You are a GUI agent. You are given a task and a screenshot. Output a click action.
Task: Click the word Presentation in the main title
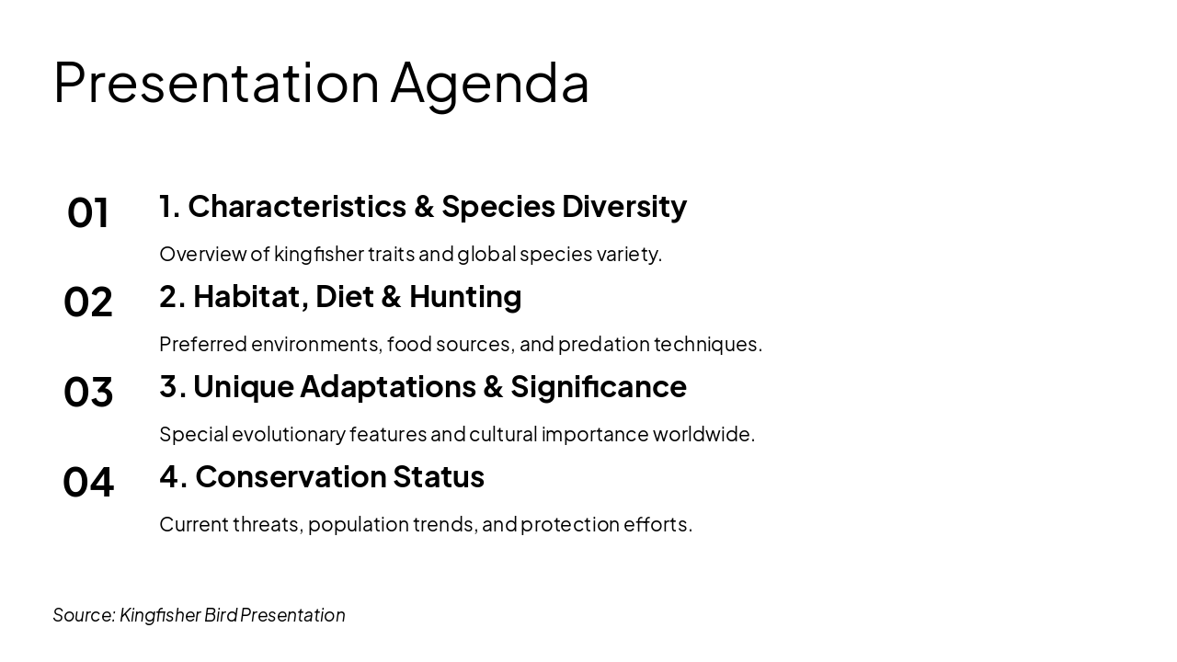[x=216, y=83]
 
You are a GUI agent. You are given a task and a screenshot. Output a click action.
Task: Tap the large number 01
[x=87, y=212]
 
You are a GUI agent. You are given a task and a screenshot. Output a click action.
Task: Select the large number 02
[x=87, y=302]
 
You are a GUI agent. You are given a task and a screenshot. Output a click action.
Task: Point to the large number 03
[x=87, y=393]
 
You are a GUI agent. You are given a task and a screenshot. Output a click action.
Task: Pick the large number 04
[x=87, y=483]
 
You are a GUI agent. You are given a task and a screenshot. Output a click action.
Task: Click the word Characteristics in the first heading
[x=297, y=206]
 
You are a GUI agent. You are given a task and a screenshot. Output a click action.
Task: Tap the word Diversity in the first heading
[x=624, y=208]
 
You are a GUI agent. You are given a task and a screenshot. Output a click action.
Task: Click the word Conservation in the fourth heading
[x=291, y=477]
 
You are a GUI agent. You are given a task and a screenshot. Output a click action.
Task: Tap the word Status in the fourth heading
[x=439, y=477]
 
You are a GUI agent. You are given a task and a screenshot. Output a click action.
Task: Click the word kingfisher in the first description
[x=319, y=255]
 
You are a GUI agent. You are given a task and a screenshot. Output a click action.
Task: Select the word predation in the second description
[x=604, y=345]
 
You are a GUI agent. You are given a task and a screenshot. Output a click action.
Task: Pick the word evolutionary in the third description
[x=289, y=435]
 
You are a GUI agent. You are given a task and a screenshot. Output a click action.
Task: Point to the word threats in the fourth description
[x=268, y=525]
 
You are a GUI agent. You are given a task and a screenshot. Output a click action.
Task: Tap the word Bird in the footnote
[x=221, y=615]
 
